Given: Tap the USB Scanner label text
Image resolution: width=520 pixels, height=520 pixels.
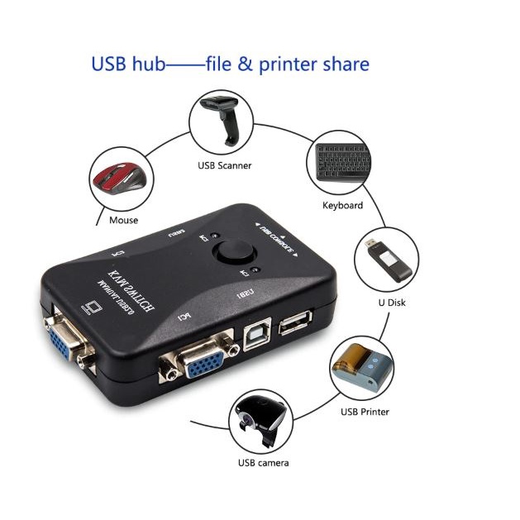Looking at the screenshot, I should coord(224,165).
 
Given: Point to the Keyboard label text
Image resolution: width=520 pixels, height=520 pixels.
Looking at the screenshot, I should coord(342,205).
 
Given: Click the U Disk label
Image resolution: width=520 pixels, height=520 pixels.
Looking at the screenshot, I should coord(393,303).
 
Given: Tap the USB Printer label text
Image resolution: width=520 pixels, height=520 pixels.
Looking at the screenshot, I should coord(365,411).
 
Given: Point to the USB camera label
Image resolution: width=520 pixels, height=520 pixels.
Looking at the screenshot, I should coord(263,463).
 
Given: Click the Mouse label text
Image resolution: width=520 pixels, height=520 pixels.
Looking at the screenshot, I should coord(123,221).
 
